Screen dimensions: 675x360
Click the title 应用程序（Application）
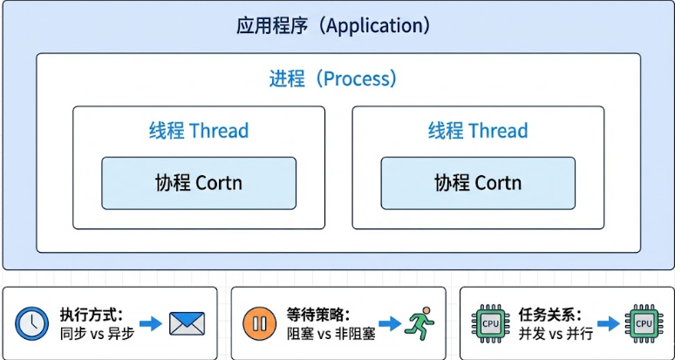[x=334, y=25]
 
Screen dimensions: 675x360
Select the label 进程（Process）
[x=333, y=78]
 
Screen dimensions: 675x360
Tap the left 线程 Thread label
[x=199, y=131]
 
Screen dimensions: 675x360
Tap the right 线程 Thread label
[x=478, y=131]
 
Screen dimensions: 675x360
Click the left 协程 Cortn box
[x=199, y=183]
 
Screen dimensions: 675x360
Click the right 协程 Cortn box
[x=478, y=183]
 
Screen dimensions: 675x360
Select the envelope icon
[x=186, y=323]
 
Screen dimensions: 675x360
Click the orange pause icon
[x=259, y=323]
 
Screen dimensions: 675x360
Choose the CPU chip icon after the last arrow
[x=644, y=323]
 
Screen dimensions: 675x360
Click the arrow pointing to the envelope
[x=151, y=323]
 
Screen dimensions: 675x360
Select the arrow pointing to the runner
[x=389, y=323]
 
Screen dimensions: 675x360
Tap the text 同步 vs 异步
[x=97, y=333]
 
